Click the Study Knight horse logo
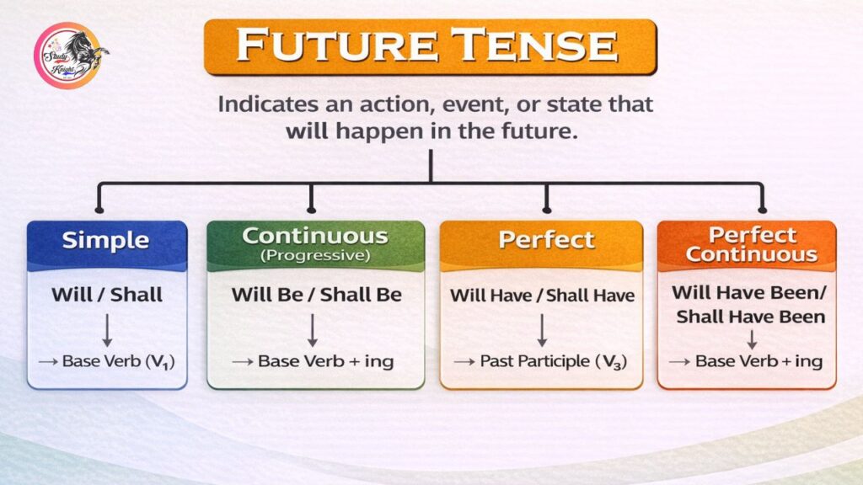[70, 56]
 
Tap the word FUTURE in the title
[337, 45]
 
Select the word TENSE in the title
[535, 45]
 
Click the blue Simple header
[105, 240]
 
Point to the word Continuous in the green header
[315, 236]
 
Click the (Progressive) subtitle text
[315, 255]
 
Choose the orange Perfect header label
[546, 240]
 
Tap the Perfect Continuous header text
[752, 245]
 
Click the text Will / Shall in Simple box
[107, 295]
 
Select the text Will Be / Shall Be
[317, 295]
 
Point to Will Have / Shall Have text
[542, 296]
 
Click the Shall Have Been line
[751, 317]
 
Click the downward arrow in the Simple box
[107, 330]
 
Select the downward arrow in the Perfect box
[542, 330]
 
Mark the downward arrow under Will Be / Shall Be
[313, 330]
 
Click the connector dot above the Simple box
[99, 210]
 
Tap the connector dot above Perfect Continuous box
[762, 210]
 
